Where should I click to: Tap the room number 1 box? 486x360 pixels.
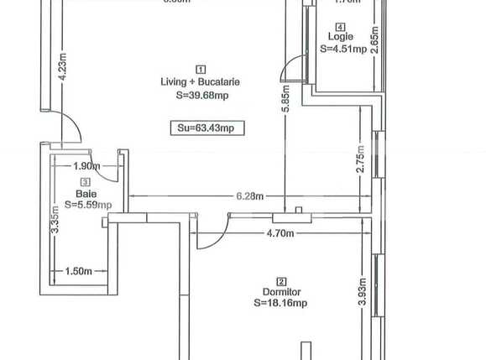[x=200, y=69]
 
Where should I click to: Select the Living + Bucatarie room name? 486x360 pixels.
[x=200, y=81]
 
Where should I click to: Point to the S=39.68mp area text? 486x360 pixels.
[x=200, y=95]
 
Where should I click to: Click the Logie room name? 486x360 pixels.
[x=341, y=37]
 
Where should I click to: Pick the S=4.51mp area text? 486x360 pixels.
[x=342, y=49]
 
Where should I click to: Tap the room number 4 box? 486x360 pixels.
[x=340, y=26]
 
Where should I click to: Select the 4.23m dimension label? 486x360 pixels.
[x=61, y=67]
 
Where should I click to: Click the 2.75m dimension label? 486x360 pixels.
[x=359, y=159]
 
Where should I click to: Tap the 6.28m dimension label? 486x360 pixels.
[x=249, y=196]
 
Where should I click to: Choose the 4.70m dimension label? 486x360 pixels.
[x=281, y=233]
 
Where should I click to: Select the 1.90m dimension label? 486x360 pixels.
[x=85, y=165]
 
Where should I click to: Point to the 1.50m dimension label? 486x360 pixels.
[x=77, y=270]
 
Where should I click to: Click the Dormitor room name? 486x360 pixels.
[x=281, y=292]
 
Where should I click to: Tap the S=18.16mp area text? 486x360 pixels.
[x=281, y=303]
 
